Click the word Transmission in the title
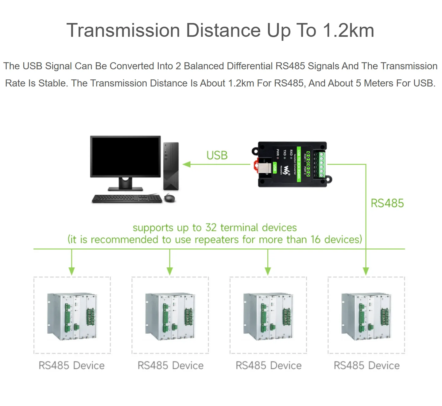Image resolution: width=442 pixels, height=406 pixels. tap(123, 30)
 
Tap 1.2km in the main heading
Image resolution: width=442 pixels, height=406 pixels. tap(348, 30)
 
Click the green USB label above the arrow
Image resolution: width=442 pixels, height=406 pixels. tap(217, 155)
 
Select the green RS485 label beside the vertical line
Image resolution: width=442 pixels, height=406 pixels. tap(387, 203)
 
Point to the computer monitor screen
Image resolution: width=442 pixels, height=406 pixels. tap(126, 156)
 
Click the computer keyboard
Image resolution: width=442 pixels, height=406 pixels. tap(127, 199)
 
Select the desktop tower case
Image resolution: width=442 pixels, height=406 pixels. tap(171, 166)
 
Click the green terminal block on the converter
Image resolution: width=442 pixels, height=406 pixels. tap(322, 164)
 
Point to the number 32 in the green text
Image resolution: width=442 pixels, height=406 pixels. tap(211, 228)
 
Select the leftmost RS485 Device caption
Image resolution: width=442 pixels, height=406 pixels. tap(72, 366)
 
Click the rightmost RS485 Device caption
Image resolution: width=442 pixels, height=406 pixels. tap(366, 366)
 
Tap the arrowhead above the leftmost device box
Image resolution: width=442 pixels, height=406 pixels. tap(72, 271)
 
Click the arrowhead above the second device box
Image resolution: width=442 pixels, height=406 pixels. tap(170, 271)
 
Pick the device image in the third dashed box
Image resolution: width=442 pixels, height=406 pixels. tap(268, 316)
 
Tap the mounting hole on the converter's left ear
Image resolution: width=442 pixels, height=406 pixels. tap(255, 151)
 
